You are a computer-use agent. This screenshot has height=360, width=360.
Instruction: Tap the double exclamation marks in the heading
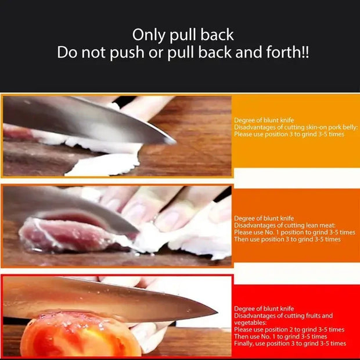305,52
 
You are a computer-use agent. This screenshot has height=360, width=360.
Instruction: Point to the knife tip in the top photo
172,141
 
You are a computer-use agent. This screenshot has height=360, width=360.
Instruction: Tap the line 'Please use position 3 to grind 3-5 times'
289,134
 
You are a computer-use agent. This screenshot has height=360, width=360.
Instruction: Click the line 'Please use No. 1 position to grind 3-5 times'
294,232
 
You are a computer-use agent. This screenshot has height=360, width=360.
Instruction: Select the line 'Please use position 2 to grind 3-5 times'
289,329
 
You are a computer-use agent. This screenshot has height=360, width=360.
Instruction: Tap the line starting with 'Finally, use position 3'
290,343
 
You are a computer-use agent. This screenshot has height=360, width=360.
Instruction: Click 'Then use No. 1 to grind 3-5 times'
280,336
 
